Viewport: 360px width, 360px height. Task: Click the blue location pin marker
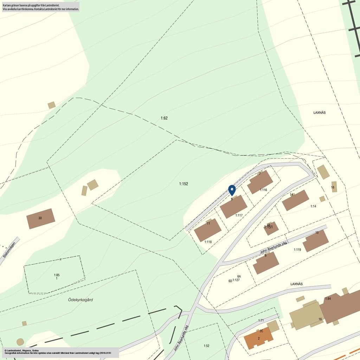click(x=232, y=190)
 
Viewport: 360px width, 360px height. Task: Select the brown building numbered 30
click(x=41, y=219)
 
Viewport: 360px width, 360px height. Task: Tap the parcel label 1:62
click(x=164, y=118)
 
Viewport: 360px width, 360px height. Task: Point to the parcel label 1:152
click(x=184, y=184)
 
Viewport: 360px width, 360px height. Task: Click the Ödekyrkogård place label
click(x=81, y=300)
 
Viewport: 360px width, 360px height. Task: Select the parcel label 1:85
click(x=57, y=275)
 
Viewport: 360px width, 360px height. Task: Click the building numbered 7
click(x=260, y=182)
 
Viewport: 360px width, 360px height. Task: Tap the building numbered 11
click(x=208, y=230)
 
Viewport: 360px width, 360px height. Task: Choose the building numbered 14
click(x=295, y=200)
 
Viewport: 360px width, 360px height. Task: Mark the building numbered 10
click(x=316, y=241)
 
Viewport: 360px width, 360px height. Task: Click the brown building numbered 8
click(x=266, y=263)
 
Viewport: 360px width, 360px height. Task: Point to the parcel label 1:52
click(x=206, y=346)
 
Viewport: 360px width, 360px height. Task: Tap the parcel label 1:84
click(x=328, y=298)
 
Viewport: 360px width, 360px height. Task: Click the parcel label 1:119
click(x=297, y=250)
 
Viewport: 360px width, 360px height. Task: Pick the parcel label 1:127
click(x=236, y=280)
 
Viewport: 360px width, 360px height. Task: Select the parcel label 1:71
click(x=261, y=320)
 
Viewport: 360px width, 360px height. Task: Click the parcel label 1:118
click(x=208, y=242)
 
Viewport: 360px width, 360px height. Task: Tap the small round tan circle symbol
click(x=20, y=342)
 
